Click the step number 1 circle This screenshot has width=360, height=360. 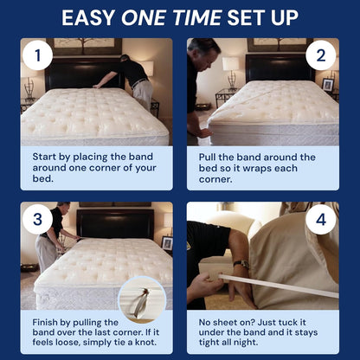37,55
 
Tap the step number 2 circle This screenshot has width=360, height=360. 321,55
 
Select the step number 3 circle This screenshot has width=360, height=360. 37,219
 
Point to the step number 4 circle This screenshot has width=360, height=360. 321,219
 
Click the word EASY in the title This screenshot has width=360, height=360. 88,18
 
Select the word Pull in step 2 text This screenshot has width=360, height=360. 207,157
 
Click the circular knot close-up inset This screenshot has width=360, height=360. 142,300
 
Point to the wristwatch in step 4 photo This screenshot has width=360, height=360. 241,264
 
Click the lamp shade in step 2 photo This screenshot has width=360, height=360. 230,63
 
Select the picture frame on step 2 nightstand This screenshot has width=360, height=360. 328,85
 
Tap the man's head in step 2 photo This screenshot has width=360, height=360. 205,54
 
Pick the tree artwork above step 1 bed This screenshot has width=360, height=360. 84,46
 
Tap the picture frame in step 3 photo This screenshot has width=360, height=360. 167,243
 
